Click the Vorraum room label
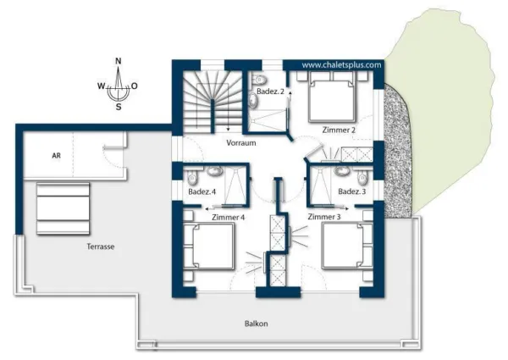click(x=241, y=143)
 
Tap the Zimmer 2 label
click(x=339, y=130)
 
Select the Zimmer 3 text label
click(x=324, y=217)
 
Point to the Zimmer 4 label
click(x=228, y=218)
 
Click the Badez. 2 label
click(x=270, y=91)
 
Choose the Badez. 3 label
click(x=352, y=191)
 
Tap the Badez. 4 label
click(x=202, y=191)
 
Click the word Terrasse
click(x=101, y=246)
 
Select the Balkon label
click(x=256, y=324)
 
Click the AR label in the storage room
click(x=56, y=156)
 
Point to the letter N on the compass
click(x=119, y=61)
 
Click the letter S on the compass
click(x=119, y=107)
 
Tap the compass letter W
click(x=101, y=86)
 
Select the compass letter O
click(x=134, y=86)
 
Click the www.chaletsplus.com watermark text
click(x=341, y=65)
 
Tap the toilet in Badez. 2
click(x=258, y=80)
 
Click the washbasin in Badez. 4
click(x=214, y=171)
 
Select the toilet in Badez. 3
click(x=362, y=178)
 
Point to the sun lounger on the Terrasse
click(x=63, y=208)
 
